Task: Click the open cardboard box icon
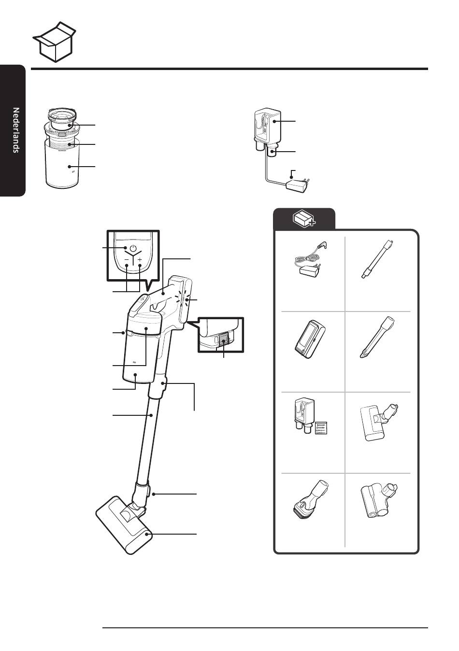55,42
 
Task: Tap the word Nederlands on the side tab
16,130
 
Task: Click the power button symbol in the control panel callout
133,249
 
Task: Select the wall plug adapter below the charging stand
298,185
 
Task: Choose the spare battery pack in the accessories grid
309,340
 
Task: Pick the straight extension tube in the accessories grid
377,259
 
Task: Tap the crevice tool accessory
377,337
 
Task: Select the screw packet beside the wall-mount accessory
321,427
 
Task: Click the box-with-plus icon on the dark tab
304,218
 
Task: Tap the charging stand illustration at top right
268,129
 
